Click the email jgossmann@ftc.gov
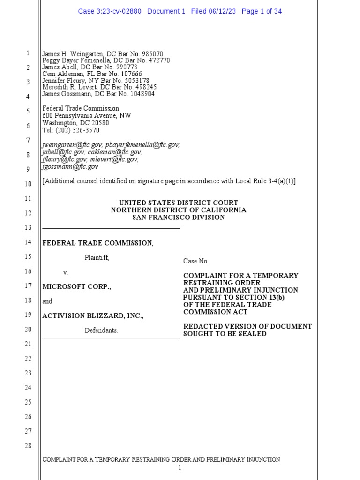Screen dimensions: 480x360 click(x=70, y=166)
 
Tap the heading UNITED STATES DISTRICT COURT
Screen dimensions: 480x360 click(x=178, y=203)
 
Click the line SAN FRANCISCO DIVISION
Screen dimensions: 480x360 click(x=178, y=217)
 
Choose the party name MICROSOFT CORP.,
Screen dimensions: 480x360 click(x=77, y=286)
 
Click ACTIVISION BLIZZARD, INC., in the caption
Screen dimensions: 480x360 click(x=93, y=316)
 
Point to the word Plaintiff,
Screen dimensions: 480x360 click(x=97, y=257)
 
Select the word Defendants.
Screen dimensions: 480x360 click(x=101, y=330)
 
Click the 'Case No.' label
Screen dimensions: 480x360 click(x=196, y=261)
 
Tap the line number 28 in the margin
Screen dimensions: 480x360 click(x=28, y=446)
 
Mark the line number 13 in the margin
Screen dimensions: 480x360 click(x=28, y=228)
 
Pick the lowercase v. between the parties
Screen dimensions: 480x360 click(x=66, y=272)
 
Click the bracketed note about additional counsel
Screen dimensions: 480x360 click(x=169, y=181)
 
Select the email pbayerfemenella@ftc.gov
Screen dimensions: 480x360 click(x=142, y=145)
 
